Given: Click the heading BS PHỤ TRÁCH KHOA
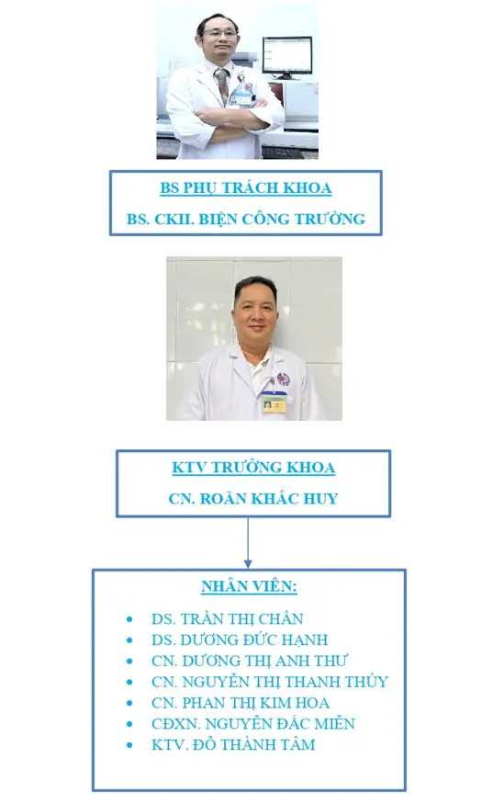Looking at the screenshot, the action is (245, 188).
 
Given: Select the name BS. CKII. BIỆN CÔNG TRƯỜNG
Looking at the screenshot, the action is (245, 219).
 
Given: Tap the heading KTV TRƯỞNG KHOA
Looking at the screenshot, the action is (253, 468).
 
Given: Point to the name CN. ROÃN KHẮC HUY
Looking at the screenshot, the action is (253, 498).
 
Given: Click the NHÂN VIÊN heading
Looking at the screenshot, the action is (249, 586).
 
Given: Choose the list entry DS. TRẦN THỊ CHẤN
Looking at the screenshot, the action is (227, 619).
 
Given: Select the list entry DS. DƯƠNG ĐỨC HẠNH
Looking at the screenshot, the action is (240, 640).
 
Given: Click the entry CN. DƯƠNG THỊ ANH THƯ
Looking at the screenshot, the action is (249, 661).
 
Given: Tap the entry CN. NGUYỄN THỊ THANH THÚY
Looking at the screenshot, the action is (270, 682).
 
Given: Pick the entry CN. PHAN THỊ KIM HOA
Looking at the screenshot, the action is (241, 703).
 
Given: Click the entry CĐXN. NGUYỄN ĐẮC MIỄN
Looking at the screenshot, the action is (253, 724).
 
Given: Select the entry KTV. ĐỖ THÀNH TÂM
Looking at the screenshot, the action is (233, 745).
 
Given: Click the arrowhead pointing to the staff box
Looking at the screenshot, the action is (248, 563).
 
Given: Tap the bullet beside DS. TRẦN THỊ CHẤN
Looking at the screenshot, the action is (129, 619).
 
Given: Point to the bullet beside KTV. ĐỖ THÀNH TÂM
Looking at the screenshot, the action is (129, 745).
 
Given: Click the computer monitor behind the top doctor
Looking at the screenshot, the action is (286, 57).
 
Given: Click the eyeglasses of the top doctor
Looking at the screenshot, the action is (219, 34).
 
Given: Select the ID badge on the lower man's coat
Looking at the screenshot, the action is (274, 402).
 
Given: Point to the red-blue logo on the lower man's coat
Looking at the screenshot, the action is (283, 379).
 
